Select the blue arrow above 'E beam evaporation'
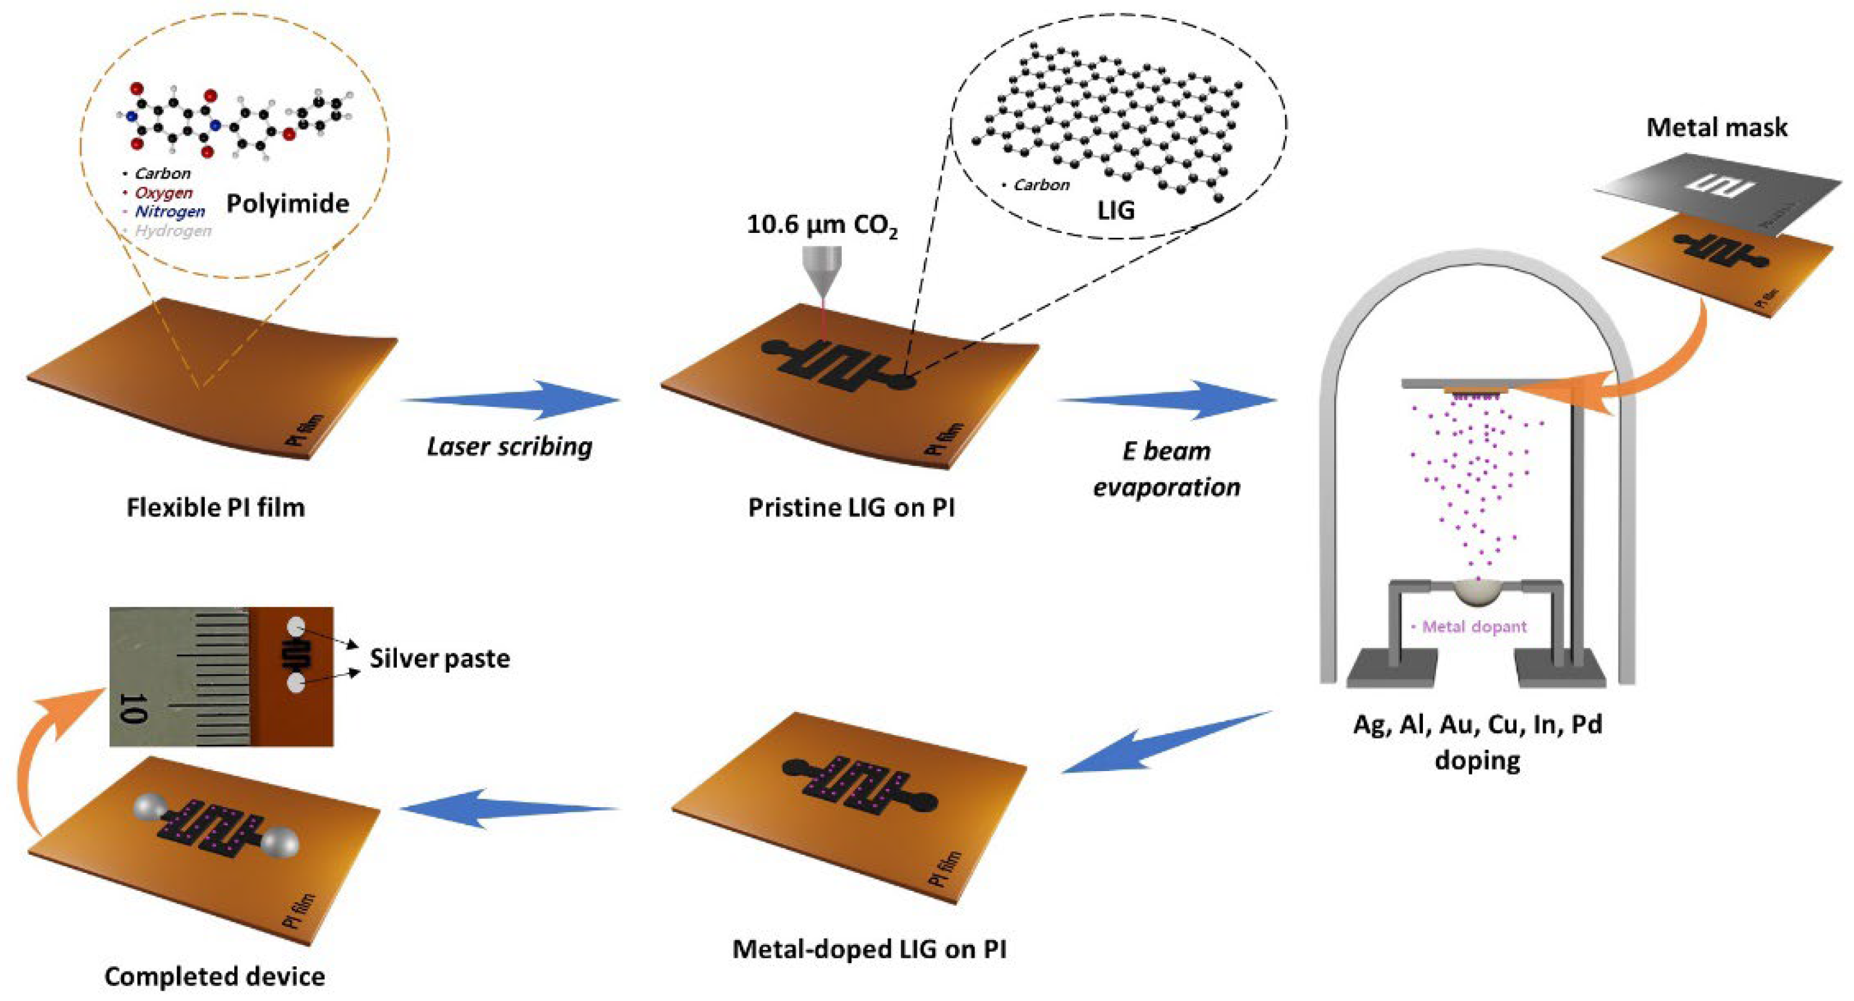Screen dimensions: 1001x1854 1169,400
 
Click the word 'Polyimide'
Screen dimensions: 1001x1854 287,203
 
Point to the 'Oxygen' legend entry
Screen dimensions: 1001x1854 163,193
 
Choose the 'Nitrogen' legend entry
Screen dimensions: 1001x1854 169,211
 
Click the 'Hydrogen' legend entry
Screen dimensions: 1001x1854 173,231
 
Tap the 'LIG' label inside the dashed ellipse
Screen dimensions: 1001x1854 1116,210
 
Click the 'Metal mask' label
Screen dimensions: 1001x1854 1717,128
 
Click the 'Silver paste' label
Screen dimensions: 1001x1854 440,659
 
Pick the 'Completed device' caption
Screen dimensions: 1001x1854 214,976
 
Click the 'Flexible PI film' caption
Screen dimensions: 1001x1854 215,508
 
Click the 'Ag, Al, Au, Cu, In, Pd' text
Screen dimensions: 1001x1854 1478,724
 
